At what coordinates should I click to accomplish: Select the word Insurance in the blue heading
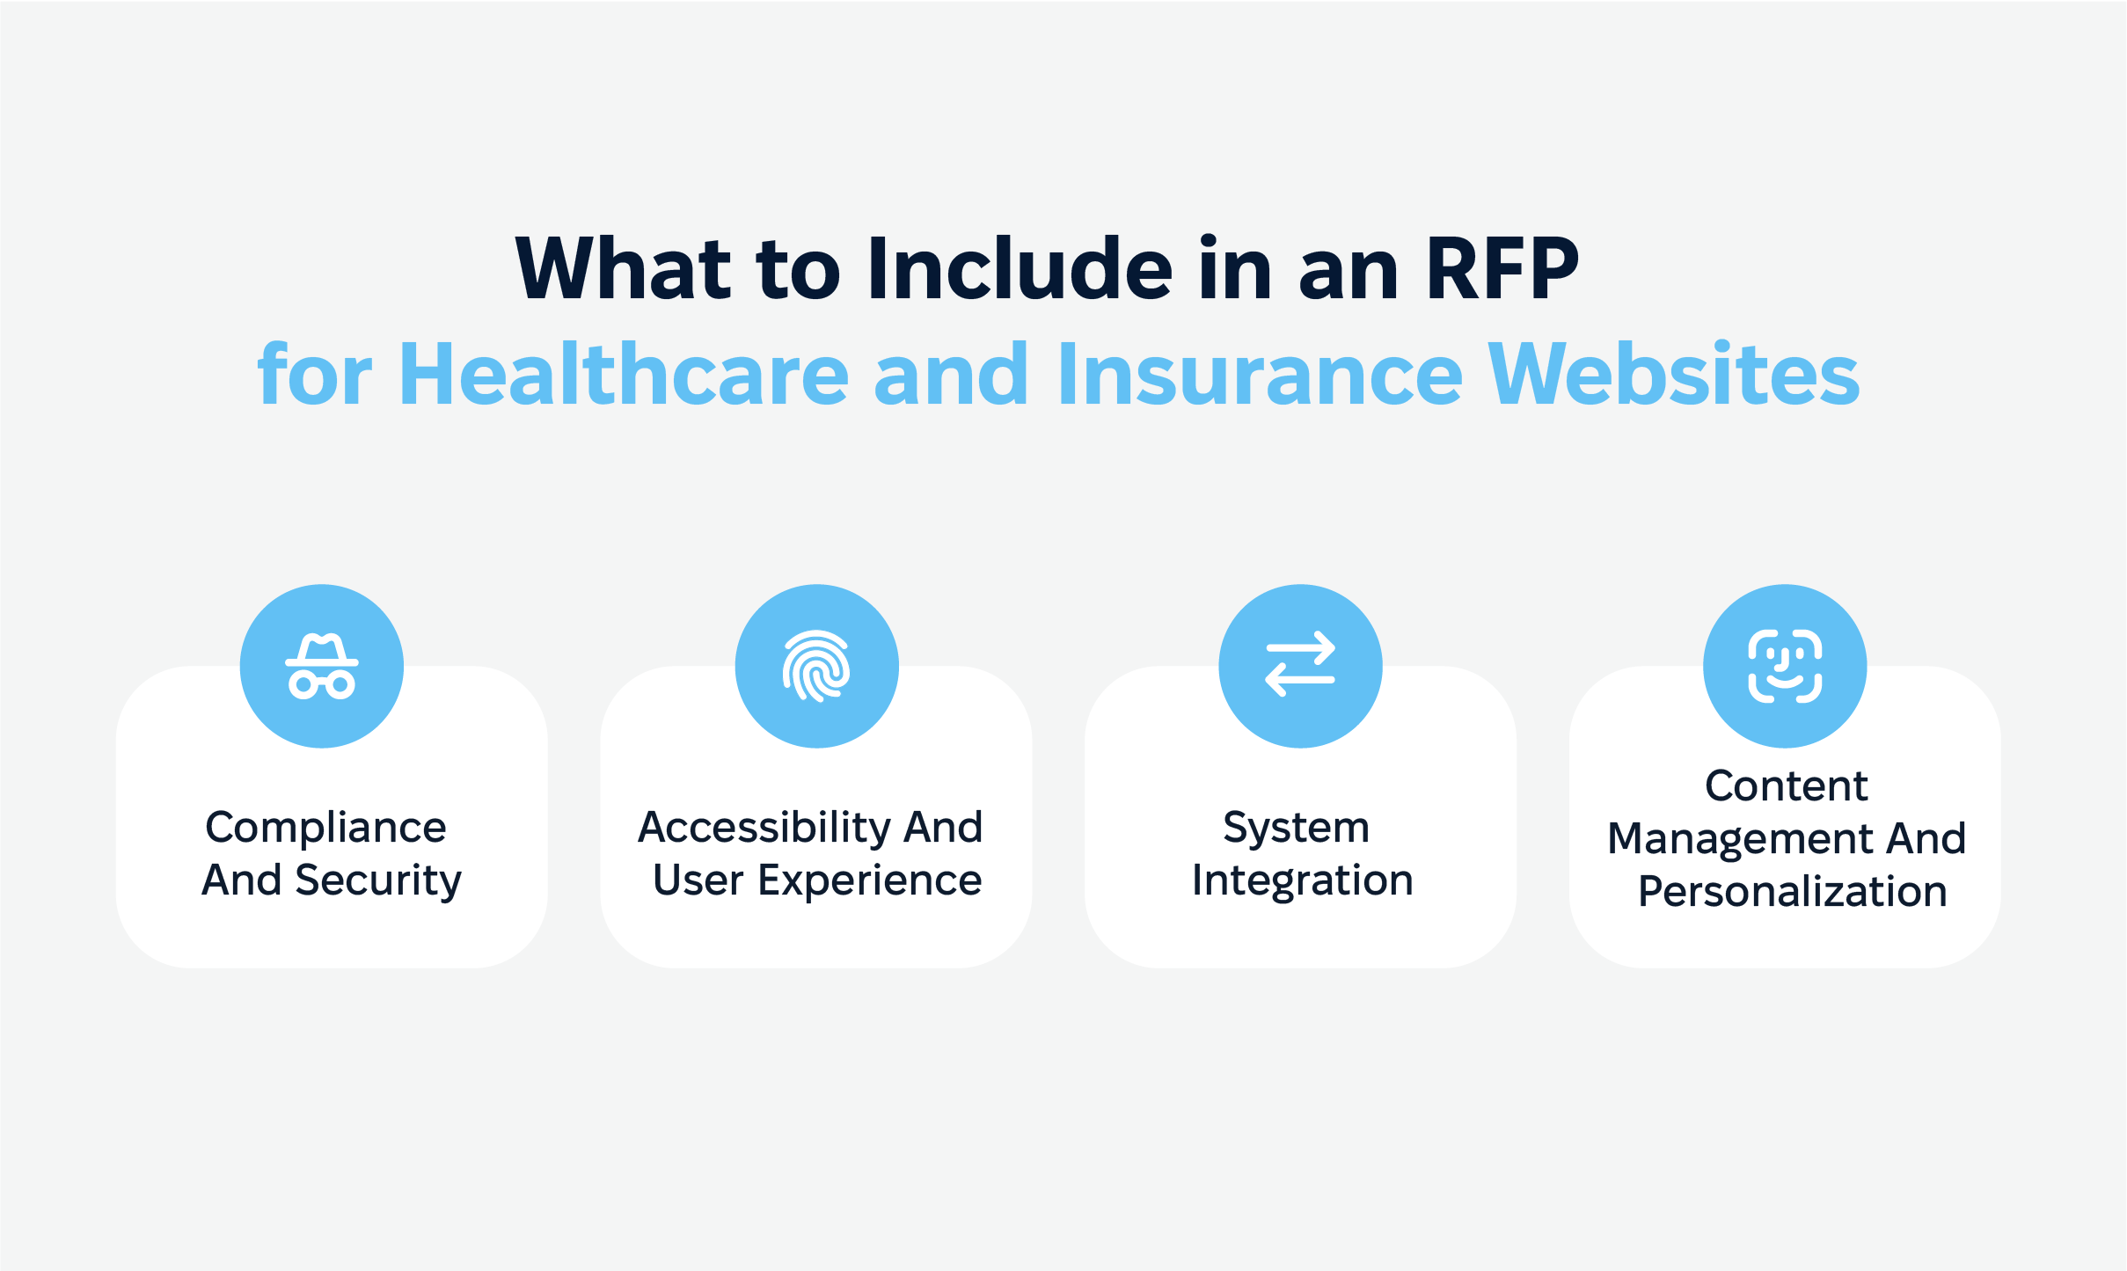1261,374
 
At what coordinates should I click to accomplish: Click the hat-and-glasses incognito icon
322,666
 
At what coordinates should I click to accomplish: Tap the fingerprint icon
816,666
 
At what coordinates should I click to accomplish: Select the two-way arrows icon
1300,664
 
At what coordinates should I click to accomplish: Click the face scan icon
1785,666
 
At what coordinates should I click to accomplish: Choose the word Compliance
326,829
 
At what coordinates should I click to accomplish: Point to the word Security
378,881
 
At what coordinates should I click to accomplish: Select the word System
1297,829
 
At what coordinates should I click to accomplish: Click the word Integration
1303,881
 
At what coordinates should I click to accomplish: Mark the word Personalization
1793,892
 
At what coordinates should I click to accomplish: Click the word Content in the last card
1787,785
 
